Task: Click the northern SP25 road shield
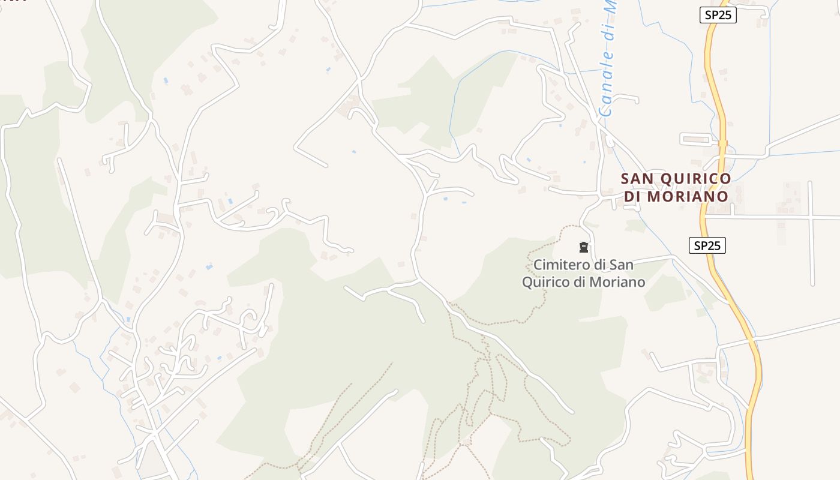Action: pos(718,15)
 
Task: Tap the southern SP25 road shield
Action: pos(707,245)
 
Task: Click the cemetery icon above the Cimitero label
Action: pos(583,247)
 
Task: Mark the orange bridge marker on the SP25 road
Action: pos(722,143)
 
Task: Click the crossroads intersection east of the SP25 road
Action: pos(811,217)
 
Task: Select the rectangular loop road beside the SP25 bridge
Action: pos(696,139)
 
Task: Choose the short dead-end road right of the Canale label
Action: pos(627,97)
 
